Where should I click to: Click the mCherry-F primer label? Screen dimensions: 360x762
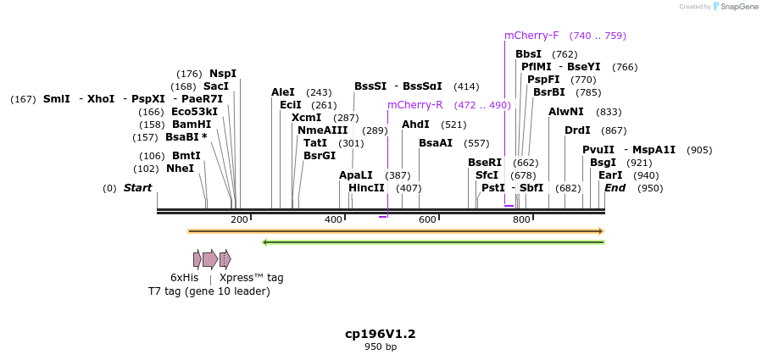(531, 36)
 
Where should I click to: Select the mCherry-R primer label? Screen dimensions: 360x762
(414, 105)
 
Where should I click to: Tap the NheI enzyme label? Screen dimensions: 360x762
(180, 169)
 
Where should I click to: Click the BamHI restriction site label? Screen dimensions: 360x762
(192, 125)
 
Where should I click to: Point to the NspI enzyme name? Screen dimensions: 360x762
(223, 74)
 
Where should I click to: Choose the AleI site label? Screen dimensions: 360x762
(283, 92)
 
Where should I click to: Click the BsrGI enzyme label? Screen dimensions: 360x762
(320, 156)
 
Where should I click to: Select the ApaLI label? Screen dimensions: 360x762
(356, 175)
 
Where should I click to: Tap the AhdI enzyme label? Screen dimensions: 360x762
(415, 125)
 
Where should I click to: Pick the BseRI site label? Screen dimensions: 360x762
(485, 163)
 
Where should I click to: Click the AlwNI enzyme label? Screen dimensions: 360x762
(566, 112)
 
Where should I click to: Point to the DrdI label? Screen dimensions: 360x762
(577, 130)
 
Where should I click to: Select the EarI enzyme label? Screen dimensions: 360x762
(610, 175)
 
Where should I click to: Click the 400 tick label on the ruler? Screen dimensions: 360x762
(333, 220)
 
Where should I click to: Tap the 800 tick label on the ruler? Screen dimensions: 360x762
(521, 220)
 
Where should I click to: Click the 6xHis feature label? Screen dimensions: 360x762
(184, 277)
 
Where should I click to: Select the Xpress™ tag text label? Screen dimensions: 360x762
(252, 277)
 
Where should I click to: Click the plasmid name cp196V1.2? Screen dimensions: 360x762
(381, 334)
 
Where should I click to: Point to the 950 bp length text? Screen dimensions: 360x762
(381, 346)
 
